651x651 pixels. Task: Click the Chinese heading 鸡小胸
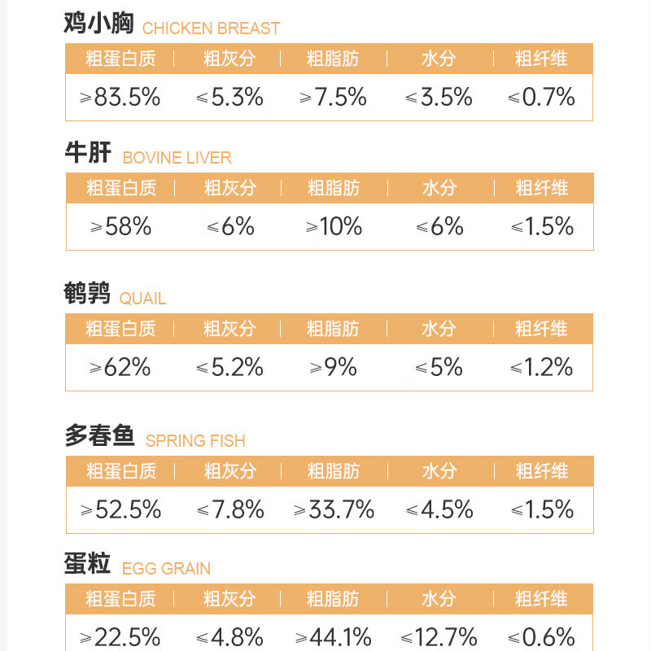[x=98, y=24]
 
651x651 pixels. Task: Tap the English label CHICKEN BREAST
[x=211, y=28]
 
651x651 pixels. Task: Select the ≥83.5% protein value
[x=120, y=98]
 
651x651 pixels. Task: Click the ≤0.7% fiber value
[x=542, y=98]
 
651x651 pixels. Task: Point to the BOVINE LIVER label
[x=177, y=158]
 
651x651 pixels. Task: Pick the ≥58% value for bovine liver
[x=121, y=226]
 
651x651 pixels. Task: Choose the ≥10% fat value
[x=334, y=226]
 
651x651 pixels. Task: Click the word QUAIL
[x=142, y=299]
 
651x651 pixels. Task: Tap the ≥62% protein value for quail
[x=120, y=368]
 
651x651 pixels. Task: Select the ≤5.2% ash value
[x=229, y=368]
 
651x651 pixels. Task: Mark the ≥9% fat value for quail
[x=334, y=368]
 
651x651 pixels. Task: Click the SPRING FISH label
[x=195, y=441]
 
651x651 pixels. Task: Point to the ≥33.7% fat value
[x=334, y=510]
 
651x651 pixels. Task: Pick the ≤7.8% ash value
[x=230, y=510]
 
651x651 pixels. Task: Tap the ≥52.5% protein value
[x=121, y=510]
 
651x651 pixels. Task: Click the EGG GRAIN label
[x=166, y=569]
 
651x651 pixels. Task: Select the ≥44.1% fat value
[x=334, y=636]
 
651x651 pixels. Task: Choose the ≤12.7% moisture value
[x=439, y=636]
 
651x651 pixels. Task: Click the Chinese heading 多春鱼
[x=99, y=437]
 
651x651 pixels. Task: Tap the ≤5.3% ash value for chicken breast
[x=229, y=98]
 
